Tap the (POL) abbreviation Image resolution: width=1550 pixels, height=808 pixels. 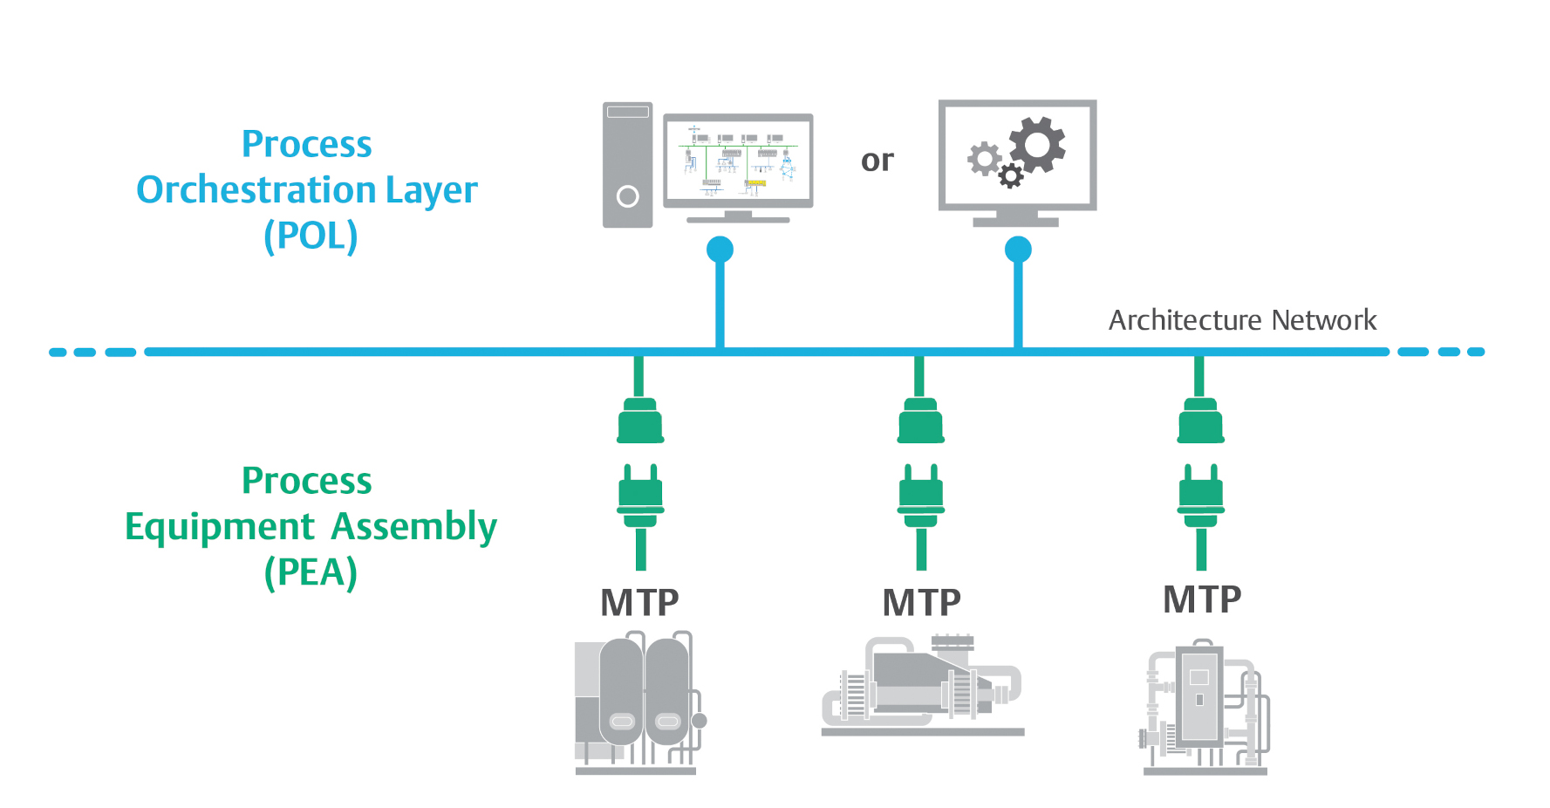pos(311,236)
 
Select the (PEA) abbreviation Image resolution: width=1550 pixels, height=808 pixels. pos(311,572)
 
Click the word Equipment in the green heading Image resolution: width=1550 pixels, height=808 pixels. pos(219,527)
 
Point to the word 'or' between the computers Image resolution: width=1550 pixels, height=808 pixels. pos(877,161)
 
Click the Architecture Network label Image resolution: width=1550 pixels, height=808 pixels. pos(1242,320)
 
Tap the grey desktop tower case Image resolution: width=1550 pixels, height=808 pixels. pos(627,165)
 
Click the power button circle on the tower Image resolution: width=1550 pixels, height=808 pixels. pos(627,196)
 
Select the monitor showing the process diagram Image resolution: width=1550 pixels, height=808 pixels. pos(738,161)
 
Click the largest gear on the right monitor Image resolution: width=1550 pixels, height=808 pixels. pos(1037,143)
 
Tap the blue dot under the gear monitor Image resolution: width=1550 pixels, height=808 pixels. pos(1018,250)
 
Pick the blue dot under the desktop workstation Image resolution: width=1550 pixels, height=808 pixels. pos(720,250)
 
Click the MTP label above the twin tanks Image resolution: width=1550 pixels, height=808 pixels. pos(639,603)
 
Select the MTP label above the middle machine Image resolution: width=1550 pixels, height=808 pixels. pos(921,603)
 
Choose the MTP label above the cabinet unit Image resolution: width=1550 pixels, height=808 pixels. pos(1202,599)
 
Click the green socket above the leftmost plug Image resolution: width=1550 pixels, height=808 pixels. pos(640,421)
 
